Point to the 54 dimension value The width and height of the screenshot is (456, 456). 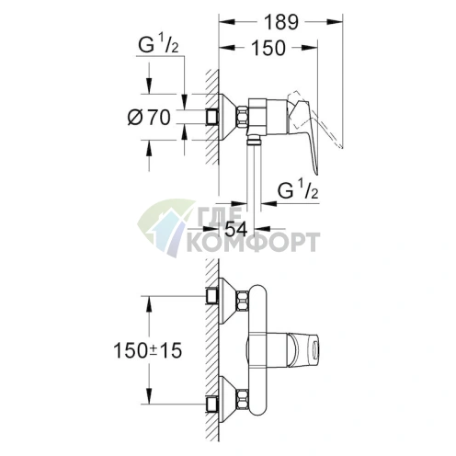(237, 226)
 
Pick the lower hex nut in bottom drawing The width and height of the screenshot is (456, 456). (245, 401)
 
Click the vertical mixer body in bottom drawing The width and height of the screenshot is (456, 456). (263, 349)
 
